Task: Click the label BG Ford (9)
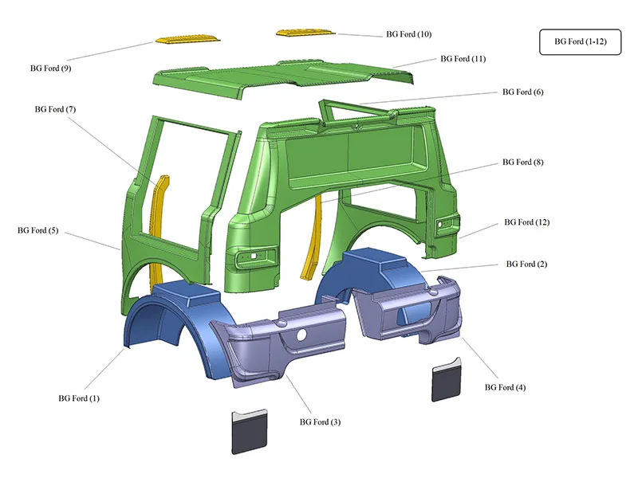coord(49,68)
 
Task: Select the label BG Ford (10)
coord(408,34)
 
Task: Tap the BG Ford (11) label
coord(463,59)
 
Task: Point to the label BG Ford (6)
coord(522,92)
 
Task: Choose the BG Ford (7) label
coord(55,109)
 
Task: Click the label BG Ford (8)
coord(522,163)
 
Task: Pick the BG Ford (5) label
coord(37,230)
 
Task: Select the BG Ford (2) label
coord(526,264)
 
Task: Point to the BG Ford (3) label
coord(320,421)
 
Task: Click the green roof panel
coord(279,80)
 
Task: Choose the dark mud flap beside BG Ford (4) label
coord(449,382)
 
